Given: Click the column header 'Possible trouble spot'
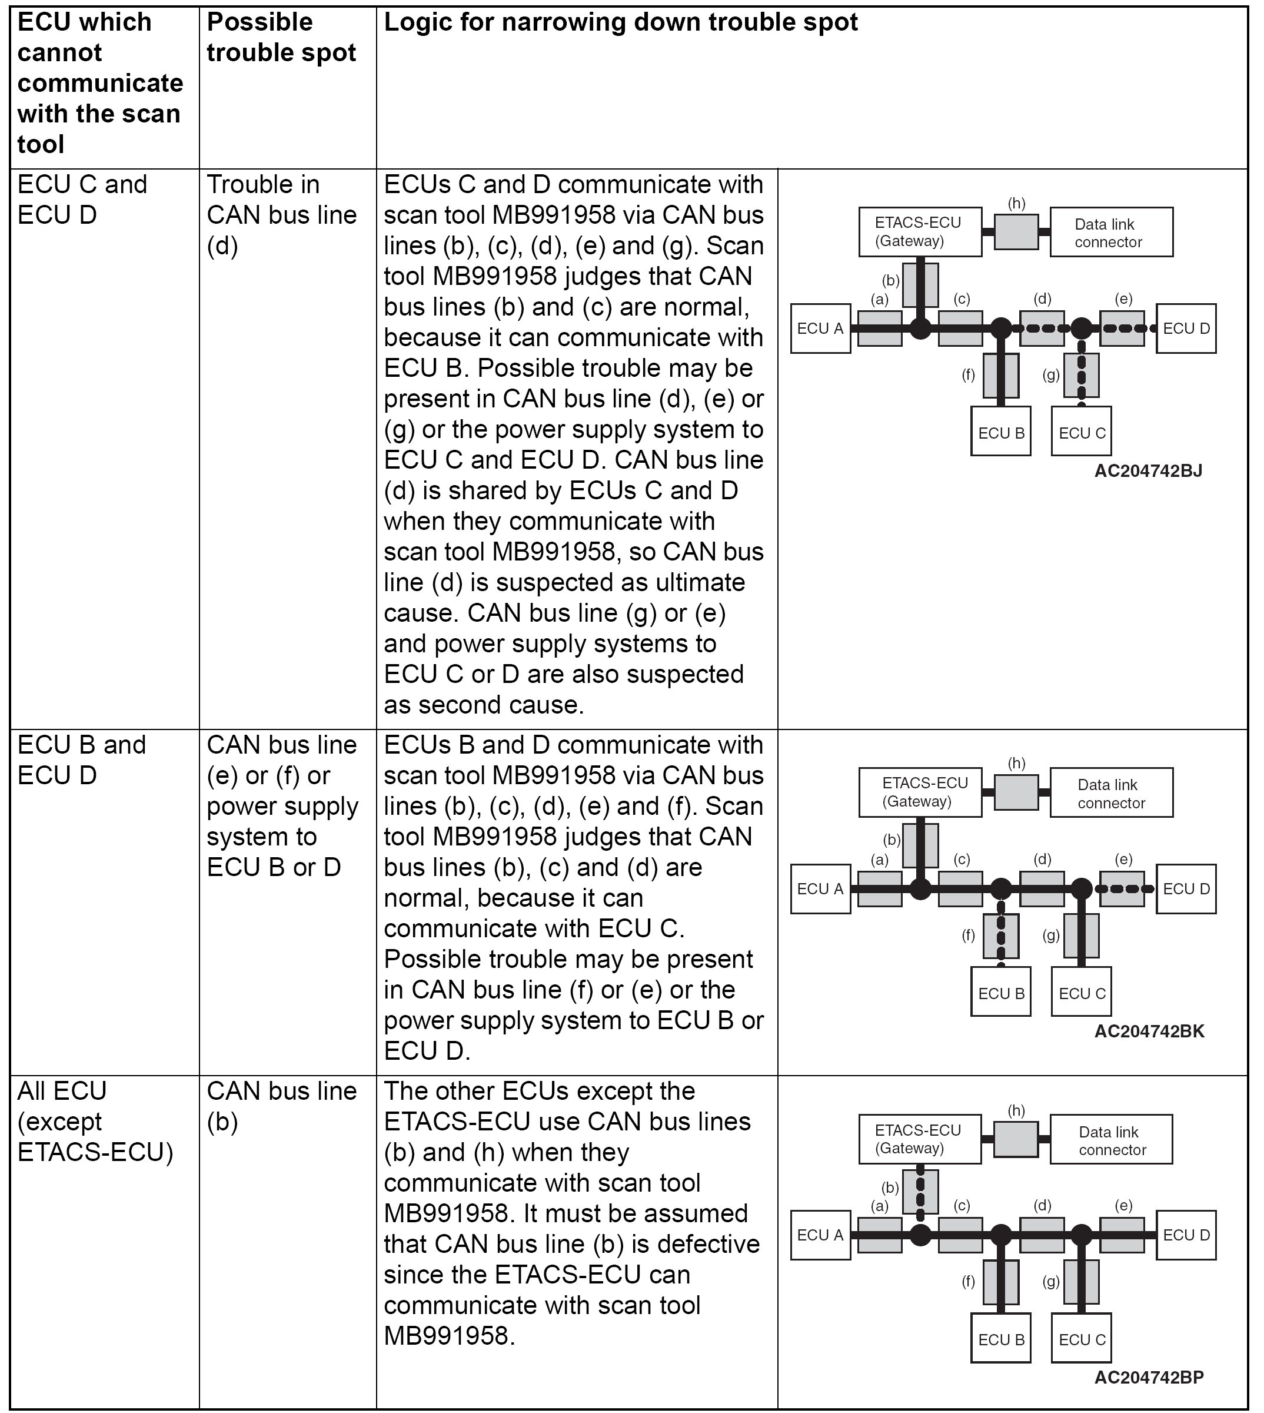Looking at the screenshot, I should [281, 38].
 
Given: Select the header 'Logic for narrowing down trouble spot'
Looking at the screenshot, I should [620, 22].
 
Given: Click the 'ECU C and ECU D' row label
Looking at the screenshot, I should [82, 200].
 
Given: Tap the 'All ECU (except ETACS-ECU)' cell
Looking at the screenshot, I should [95, 1121].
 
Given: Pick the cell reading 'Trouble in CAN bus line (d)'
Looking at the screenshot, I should [281, 215].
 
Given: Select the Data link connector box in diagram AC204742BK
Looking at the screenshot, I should [1110, 793].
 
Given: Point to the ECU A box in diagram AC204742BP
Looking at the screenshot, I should [820, 1235].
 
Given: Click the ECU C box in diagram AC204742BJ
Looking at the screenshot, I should [1082, 432].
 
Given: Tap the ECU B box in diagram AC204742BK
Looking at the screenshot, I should [1001, 993].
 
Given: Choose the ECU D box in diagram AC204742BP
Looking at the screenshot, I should [1186, 1235].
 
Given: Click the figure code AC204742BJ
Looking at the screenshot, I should [1148, 471].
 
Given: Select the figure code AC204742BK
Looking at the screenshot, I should [1149, 1031].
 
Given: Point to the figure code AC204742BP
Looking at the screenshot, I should [1149, 1377].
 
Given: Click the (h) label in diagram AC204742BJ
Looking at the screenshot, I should [1016, 203].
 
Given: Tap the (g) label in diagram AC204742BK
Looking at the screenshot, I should [1051, 935].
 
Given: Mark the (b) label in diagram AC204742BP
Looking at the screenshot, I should [890, 1188].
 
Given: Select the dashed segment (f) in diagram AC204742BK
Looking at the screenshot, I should [1001, 936].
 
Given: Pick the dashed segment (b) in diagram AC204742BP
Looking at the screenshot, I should [920, 1192].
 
